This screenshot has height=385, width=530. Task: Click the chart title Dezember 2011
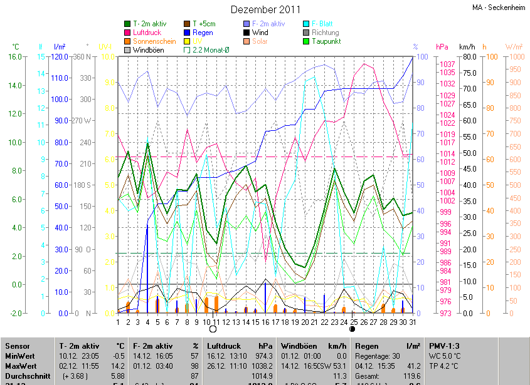click(x=265, y=9)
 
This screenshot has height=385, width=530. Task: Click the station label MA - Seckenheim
click(x=498, y=8)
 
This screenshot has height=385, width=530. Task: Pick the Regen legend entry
click(x=203, y=33)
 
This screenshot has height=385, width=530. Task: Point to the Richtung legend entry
click(x=325, y=33)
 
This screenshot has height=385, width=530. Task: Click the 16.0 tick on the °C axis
click(x=15, y=57)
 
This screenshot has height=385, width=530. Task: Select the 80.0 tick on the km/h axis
click(x=467, y=57)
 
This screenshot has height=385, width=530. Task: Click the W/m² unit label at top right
click(x=514, y=47)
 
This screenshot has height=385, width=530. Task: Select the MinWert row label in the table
click(x=19, y=356)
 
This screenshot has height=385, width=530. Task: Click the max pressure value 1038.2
click(x=262, y=365)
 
